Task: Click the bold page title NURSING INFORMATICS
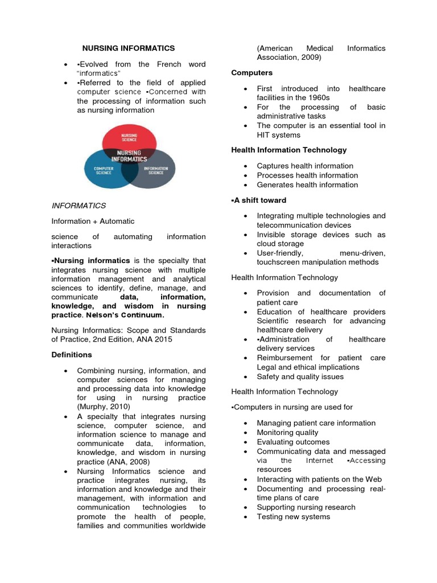[129, 48]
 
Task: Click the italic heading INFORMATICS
[79, 206]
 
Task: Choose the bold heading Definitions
[72, 355]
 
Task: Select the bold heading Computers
[252, 73]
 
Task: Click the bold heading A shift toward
[259, 200]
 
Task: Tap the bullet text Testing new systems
[293, 516]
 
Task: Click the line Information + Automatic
[93, 221]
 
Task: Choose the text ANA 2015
[158, 339]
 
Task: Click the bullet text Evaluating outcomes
[293, 442]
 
